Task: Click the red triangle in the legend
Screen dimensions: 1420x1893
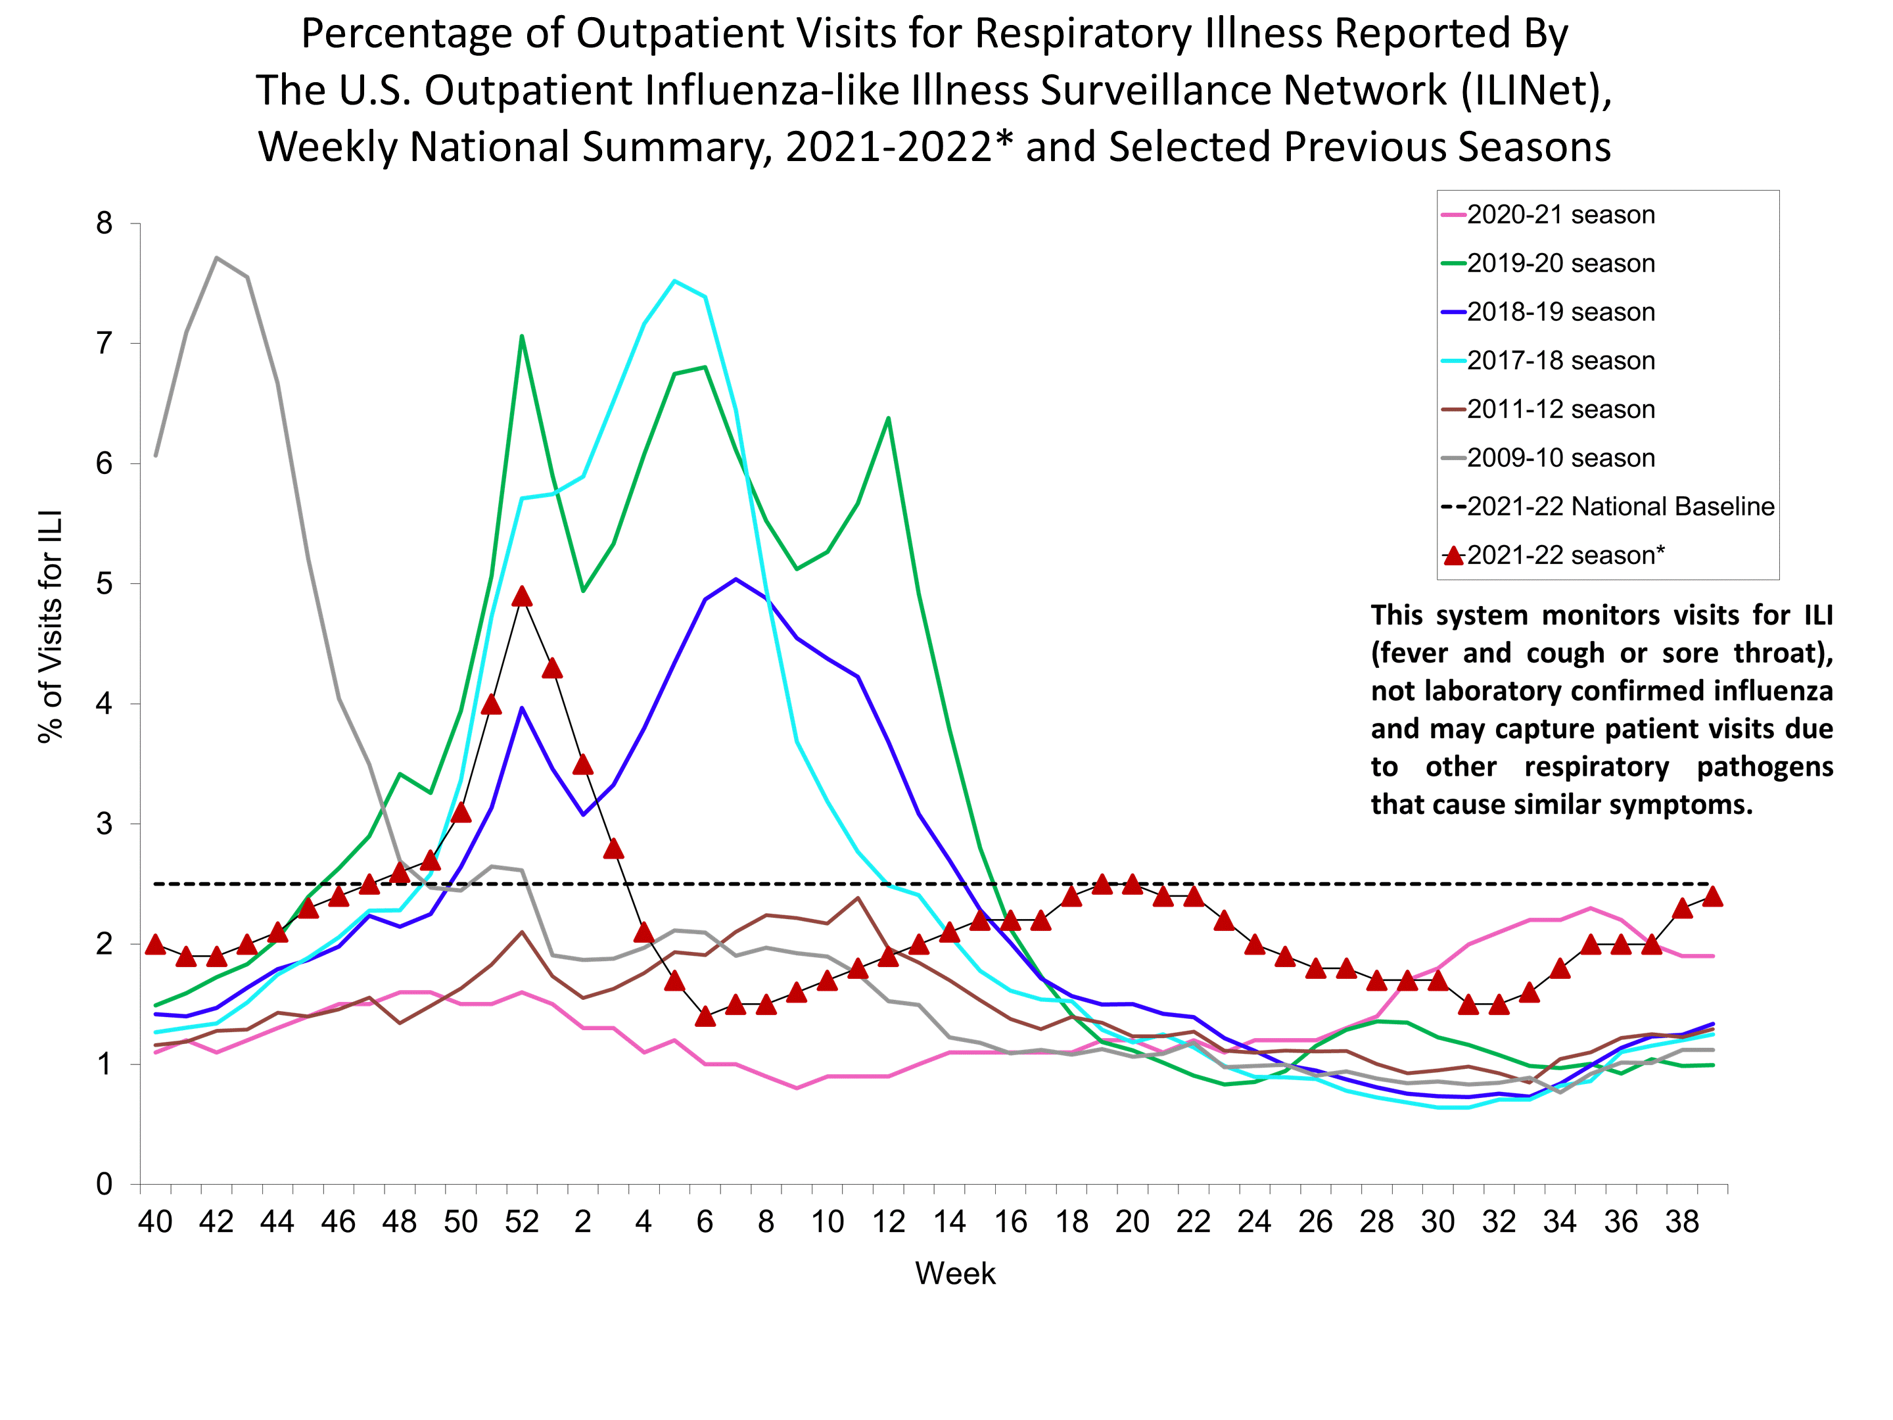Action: pyautogui.click(x=1453, y=556)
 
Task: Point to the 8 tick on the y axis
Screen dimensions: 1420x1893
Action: pyautogui.click(x=105, y=224)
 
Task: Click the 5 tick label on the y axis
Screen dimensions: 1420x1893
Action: pyautogui.click(x=105, y=584)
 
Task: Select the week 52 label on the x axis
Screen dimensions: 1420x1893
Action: pyautogui.click(x=521, y=1221)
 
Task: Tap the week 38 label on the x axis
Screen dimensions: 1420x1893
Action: pyautogui.click(x=1681, y=1221)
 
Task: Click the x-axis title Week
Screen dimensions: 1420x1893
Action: pyautogui.click(x=955, y=1273)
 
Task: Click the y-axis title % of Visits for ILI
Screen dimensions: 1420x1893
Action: pyautogui.click(x=51, y=627)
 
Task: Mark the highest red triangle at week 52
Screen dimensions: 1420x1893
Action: pyautogui.click(x=521, y=596)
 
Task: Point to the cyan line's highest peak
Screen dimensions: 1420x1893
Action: pyautogui.click(x=674, y=281)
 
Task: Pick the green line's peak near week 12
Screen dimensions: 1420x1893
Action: pyautogui.click(x=888, y=417)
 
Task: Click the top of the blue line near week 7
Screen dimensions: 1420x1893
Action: pyautogui.click(x=736, y=579)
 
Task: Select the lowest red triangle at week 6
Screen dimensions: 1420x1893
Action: pyautogui.click(x=705, y=1017)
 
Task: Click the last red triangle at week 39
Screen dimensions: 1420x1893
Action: pyautogui.click(x=1712, y=897)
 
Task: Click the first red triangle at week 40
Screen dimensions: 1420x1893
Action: pyautogui.click(x=155, y=945)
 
